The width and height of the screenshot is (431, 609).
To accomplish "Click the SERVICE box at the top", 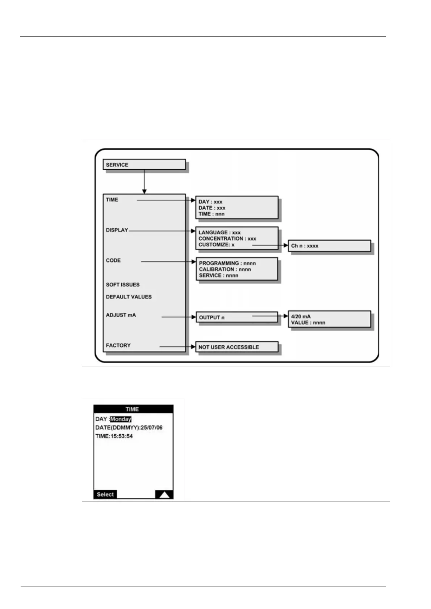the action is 144,165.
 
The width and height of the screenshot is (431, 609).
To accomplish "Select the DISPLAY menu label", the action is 117,230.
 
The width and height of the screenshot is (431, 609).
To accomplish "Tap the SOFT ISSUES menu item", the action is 122,285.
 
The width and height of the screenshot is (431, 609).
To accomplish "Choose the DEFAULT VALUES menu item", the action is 129,297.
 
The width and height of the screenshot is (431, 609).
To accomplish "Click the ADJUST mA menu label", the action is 121,315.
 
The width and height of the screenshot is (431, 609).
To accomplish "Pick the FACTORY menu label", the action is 118,345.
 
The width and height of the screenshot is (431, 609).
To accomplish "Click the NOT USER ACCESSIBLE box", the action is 237,347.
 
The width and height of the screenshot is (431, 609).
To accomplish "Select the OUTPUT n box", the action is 237,317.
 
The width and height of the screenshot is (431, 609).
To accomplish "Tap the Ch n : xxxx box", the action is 329,246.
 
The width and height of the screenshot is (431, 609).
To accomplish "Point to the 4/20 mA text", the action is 301,316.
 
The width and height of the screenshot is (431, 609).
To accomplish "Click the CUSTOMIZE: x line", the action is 216,245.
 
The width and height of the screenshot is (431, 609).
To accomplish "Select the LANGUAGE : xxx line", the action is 219,233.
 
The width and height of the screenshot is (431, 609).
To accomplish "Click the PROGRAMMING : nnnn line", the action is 227,263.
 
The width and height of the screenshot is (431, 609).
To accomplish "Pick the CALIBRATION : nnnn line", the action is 225,269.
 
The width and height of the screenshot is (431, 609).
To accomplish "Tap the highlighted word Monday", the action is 121,419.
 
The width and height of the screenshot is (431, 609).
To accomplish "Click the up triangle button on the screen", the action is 164,494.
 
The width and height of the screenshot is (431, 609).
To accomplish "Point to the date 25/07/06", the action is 151,427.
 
